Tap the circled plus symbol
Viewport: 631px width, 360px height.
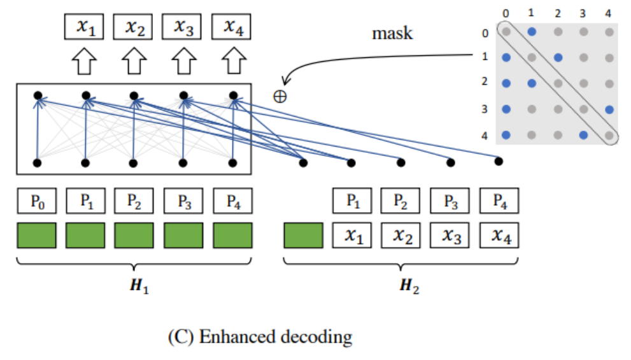point(280,96)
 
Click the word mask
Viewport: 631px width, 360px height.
point(392,33)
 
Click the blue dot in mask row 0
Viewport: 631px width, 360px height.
point(532,31)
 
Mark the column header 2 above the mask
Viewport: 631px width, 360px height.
point(558,13)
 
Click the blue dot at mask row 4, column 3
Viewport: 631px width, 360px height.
point(584,135)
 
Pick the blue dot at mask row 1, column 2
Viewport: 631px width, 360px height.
point(558,57)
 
